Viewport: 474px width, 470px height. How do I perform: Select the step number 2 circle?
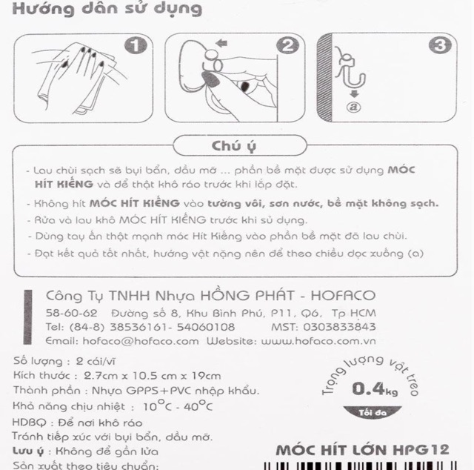(x=286, y=45)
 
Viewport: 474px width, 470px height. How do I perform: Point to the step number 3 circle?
(x=440, y=45)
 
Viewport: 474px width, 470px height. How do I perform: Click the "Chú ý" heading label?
(x=235, y=143)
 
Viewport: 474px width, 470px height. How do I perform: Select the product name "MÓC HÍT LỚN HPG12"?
(x=363, y=450)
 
